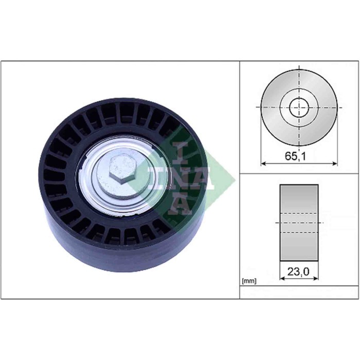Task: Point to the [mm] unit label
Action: pos(248,281)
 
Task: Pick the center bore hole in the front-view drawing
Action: pos(299,108)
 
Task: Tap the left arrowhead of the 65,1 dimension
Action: pos(264,164)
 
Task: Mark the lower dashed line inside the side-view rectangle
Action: pos(299,232)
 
